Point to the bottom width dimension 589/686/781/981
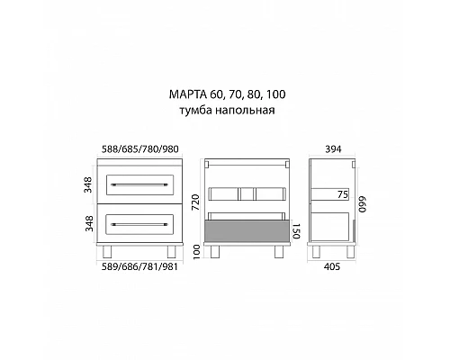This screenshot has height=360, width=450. pyautogui.click(x=144, y=266)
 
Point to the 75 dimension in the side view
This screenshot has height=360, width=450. pyautogui.click(x=343, y=193)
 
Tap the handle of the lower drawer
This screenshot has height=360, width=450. pyautogui.click(x=145, y=221)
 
